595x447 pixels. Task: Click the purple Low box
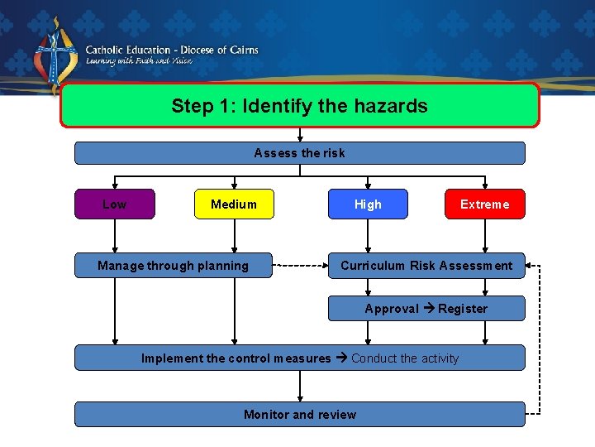(x=115, y=204)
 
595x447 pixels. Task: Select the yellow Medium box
(x=234, y=204)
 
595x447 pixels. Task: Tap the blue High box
(x=368, y=204)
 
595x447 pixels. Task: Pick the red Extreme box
(x=485, y=204)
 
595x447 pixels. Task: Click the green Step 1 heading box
(x=299, y=106)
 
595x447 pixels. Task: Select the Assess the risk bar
(x=299, y=153)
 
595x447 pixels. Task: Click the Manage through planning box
(x=173, y=266)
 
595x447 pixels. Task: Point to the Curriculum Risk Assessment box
(x=426, y=266)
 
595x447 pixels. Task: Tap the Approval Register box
(x=426, y=309)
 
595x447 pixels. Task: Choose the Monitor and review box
(x=299, y=415)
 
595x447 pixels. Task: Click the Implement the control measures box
(x=299, y=358)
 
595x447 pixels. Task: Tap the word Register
(x=463, y=309)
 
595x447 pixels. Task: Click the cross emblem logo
(x=56, y=56)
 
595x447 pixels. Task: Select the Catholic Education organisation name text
(x=172, y=50)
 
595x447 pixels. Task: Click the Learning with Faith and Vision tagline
(x=139, y=61)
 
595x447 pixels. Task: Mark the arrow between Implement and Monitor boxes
(x=300, y=386)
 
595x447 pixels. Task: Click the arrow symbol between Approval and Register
(x=429, y=309)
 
